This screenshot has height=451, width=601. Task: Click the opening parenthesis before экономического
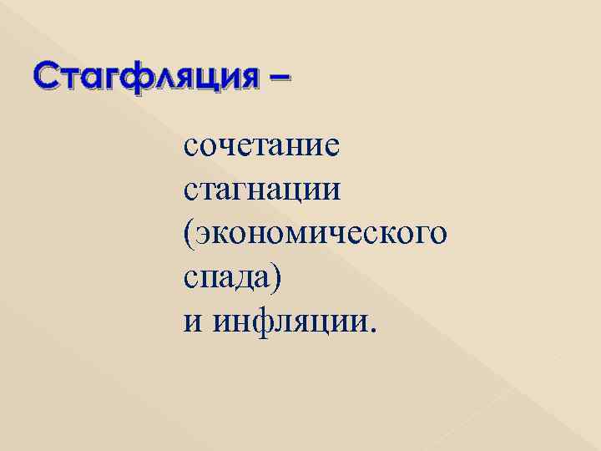point(188,232)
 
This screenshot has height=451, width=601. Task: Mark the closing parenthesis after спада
point(278,276)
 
